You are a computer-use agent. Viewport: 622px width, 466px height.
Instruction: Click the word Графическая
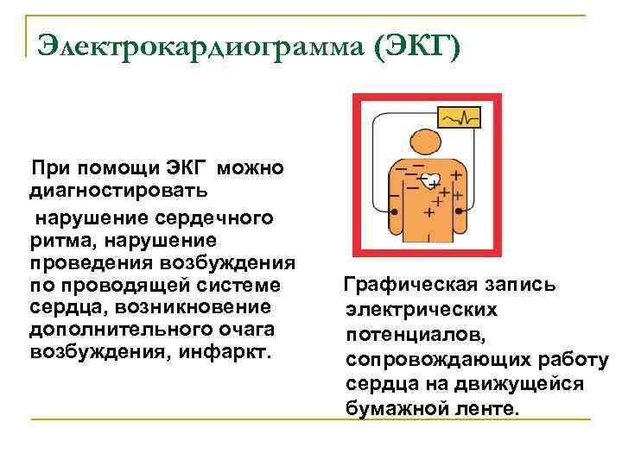tap(401, 285)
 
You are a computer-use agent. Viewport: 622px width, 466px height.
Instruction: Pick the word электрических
tap(420, 309)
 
